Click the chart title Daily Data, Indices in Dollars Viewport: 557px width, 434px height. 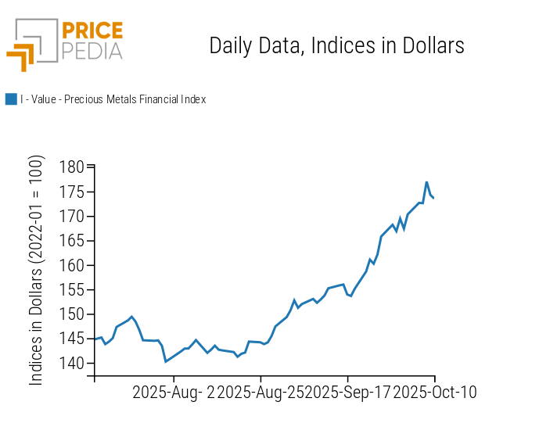tap(336, 46)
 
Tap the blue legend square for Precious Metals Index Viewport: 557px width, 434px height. tap(11, 99)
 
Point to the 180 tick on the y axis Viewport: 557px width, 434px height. tap(73, 167)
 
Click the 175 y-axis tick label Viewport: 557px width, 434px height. tap(73, 192)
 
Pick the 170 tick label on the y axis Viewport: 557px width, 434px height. tap(73, 217)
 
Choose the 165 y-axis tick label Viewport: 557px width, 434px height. tap(73, 241)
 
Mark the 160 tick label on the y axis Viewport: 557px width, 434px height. tap(73, 265)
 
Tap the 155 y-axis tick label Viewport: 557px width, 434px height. tap(73, 290)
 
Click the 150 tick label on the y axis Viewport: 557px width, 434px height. tap(73, 314)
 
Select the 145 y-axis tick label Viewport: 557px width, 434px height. tap(73, 339)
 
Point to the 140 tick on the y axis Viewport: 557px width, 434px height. tap(73, 364)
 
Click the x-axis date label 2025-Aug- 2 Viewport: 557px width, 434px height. tap(173, 392)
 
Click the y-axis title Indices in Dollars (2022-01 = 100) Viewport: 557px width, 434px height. tap(37, 270)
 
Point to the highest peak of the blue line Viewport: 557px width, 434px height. tap(426, 182)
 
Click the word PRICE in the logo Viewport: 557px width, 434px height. tap(92, 32)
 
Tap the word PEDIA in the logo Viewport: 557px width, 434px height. tap(92, 51)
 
